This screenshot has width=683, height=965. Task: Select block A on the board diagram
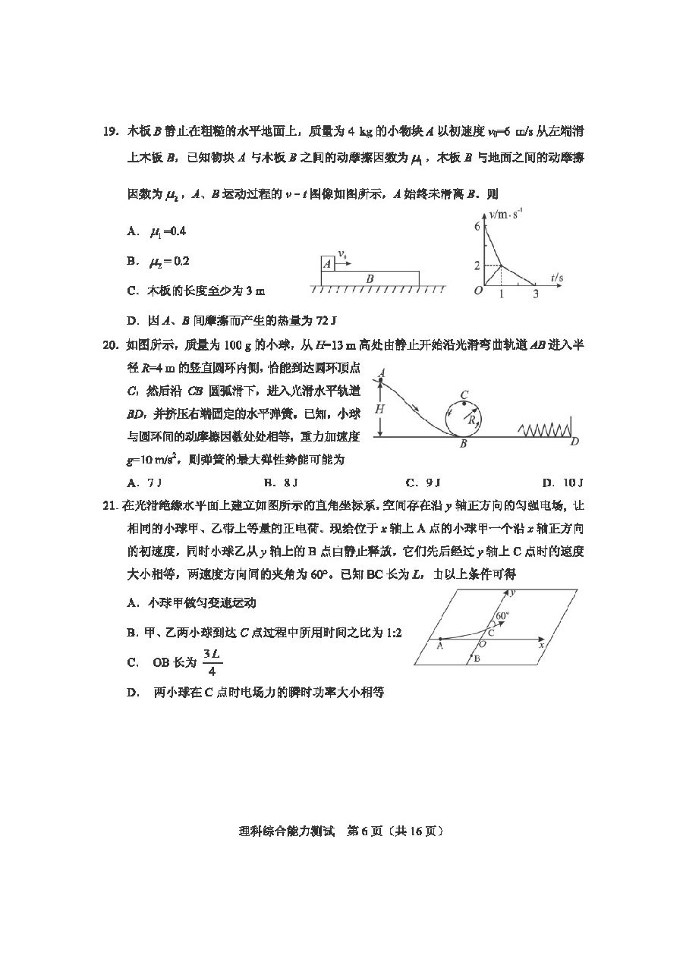click(327, 263)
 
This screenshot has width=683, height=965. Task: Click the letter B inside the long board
click(370, 278)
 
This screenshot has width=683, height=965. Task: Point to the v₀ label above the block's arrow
click(343, 253)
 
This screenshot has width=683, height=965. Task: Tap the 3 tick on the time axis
click(536, 294)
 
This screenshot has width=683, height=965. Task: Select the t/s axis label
click(557, 278)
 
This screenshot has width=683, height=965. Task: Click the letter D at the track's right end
click(574, 442)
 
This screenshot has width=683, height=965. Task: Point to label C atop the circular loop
click(464, 393)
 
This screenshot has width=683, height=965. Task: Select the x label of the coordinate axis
click(541, 646)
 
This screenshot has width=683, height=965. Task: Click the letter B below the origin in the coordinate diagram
click(476, 659)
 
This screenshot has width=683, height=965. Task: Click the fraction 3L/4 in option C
click(212, 662)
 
